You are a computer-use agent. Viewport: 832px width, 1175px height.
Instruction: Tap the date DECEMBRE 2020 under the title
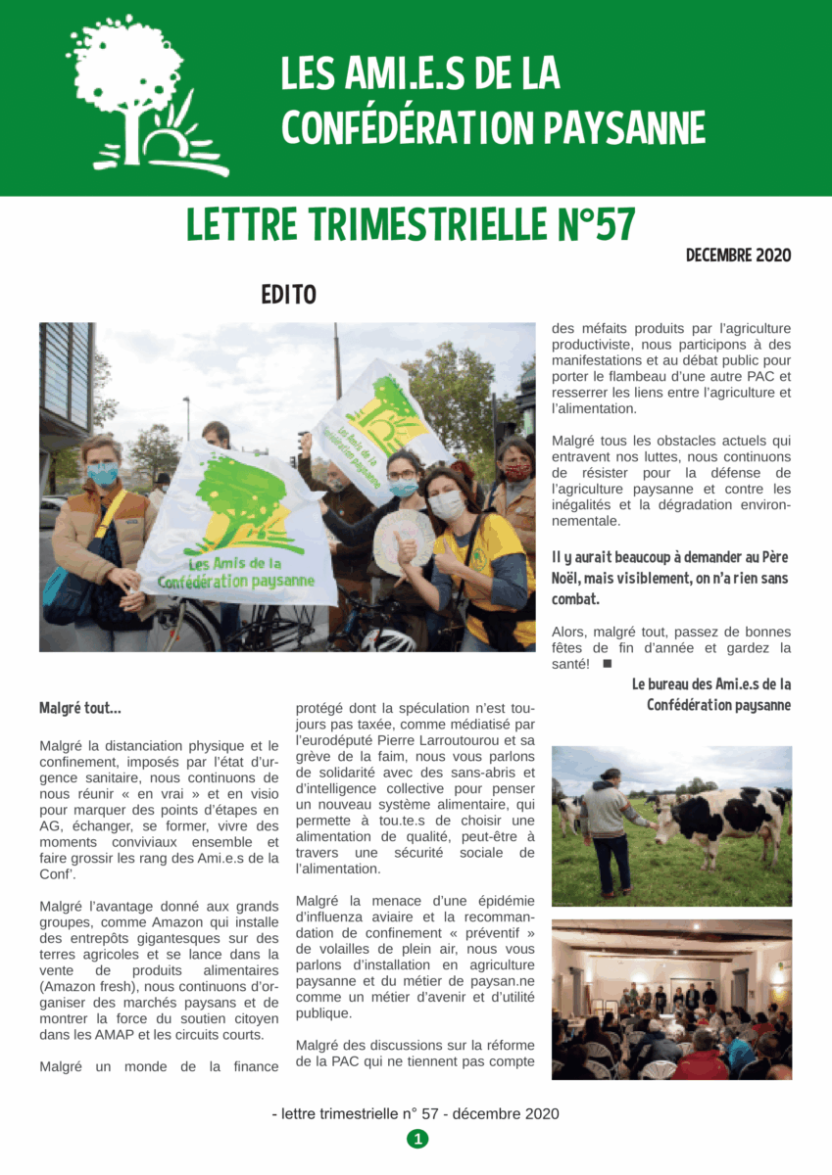click(738, 256)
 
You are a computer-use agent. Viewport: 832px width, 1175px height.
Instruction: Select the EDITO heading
click(288, 294)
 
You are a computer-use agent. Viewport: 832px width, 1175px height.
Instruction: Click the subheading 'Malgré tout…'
click(80, 707)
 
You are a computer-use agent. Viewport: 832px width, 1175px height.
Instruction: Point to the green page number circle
click(417, 1138)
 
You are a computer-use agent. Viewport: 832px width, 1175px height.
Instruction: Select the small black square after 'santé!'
click(607, 664)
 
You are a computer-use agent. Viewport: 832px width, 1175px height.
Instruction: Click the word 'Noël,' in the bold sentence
click(570, 578)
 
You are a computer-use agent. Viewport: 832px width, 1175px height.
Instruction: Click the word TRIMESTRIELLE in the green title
click(426, 225)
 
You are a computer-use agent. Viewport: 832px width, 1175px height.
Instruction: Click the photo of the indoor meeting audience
click(671, 999)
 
